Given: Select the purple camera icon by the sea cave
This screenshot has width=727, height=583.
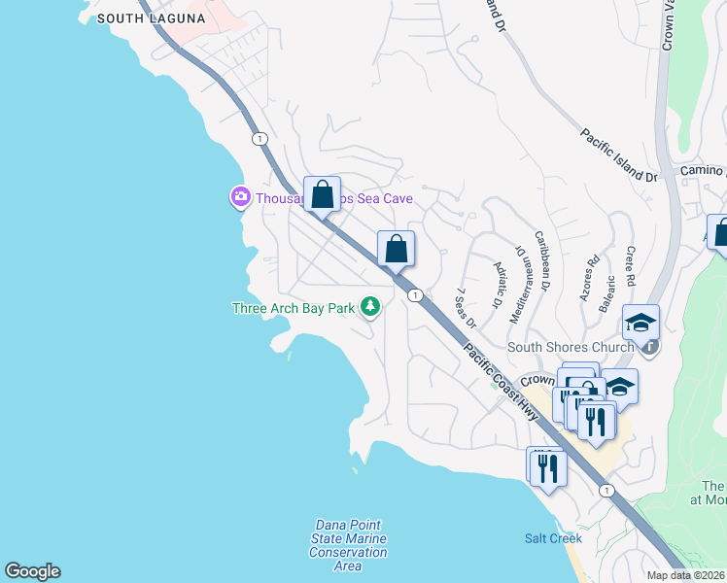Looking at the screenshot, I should point(239,198).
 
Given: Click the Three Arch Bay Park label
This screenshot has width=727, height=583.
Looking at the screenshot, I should point(294,309).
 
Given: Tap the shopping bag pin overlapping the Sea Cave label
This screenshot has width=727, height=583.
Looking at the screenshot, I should point(323,193).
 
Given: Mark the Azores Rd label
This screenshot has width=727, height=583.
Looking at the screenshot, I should point(589,279).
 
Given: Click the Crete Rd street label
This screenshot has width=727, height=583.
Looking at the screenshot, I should point(630,266).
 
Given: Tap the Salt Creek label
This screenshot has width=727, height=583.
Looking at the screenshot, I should point(553,537).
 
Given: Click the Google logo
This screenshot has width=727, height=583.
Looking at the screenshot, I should point(32,571).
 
